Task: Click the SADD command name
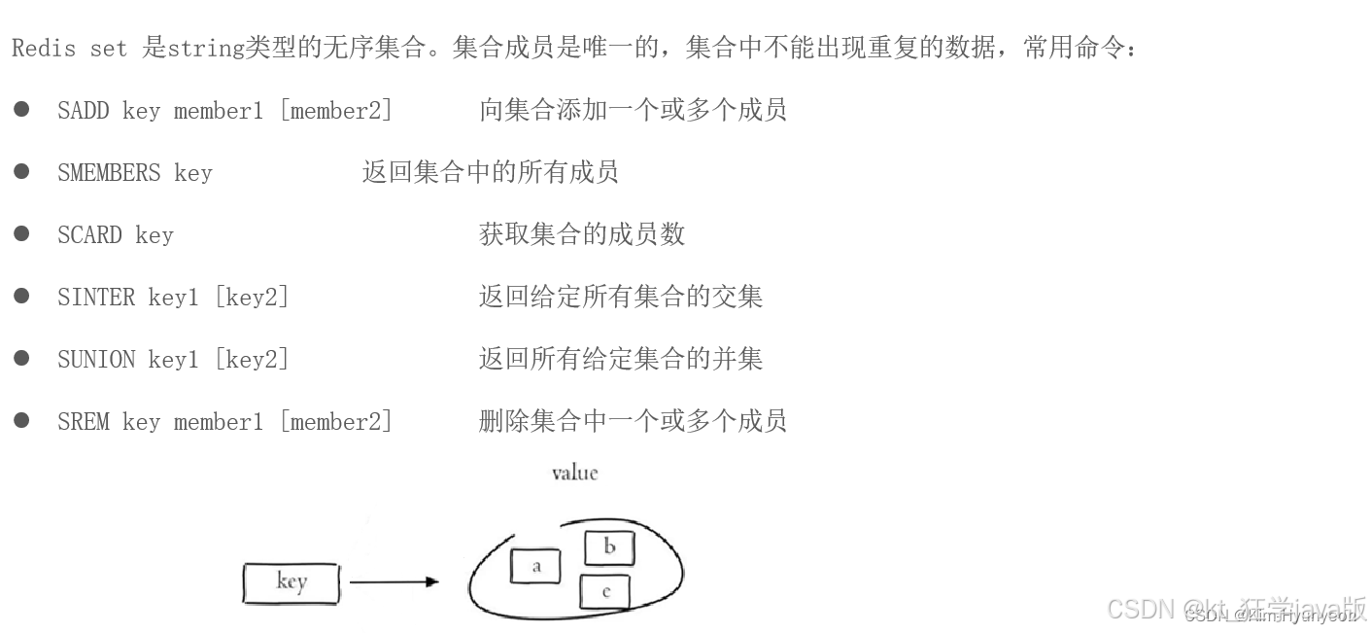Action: click(x=83, y=111)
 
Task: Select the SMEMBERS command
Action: click(x=108, y=173)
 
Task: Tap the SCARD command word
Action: click(x=89, y=235)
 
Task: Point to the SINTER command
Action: click(x=95, y=298)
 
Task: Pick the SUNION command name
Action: click(x=95, y=360)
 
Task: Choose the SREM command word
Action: click(x=83, y=422)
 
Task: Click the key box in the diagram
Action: click(x=291, y=582)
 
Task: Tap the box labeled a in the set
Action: click(x=535, y=566)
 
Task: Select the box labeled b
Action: click(x=609, y=547)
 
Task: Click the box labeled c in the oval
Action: click(x=605, y=592)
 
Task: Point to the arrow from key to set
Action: click(x=394, y=582)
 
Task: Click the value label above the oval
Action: click(x=574, y=474)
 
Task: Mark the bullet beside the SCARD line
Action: click(x=21, y=234)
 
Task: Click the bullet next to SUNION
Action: click(x=21, y=359)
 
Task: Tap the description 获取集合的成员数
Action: click(x=581, y=234)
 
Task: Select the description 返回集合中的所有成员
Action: click(x=490, y=173)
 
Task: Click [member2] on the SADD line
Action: click(x=336, y=111)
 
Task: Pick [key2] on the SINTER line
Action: click(x=252, y=298)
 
